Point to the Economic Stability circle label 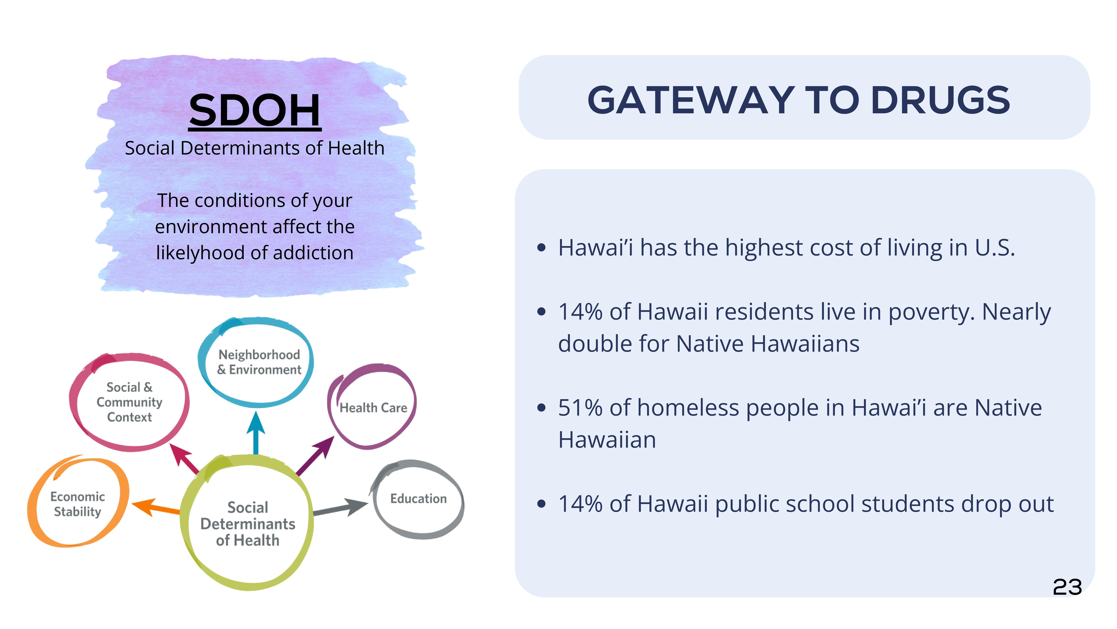78,504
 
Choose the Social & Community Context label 129,402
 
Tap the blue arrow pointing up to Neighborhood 256,433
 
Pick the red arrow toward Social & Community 184,458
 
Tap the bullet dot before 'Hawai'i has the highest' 541,248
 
